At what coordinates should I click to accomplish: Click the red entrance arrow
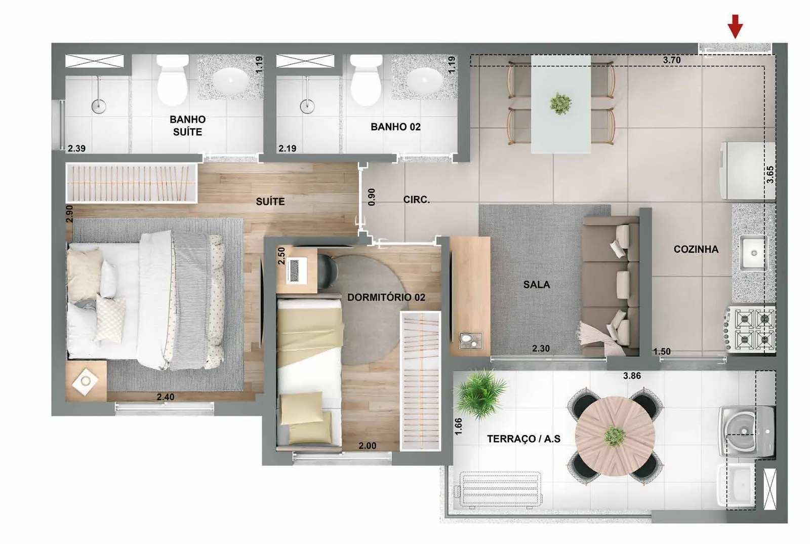tap(735, 26)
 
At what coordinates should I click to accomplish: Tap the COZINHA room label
tap(696, 249)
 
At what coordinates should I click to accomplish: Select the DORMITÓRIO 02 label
tap(386, 297)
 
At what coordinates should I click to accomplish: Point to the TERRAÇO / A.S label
tap(523, 439)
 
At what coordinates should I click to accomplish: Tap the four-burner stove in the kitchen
tap(750, 330)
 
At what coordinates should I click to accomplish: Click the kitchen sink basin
tap(754, 253)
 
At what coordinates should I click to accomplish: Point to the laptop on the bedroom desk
tap(297, 270)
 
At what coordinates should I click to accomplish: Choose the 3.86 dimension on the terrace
tap(632, 376)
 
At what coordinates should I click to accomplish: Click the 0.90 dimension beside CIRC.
tap(372, 197)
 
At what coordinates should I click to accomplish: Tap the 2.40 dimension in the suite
tap(165, 397)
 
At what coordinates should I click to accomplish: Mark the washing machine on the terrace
tap(747, 431)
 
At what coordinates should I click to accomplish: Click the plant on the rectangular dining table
tap(560, 103)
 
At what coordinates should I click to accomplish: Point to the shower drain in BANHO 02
tap(307, 106)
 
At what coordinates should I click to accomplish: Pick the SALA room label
tap(537, 285)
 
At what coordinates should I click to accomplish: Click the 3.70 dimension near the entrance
tap(671, 60)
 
